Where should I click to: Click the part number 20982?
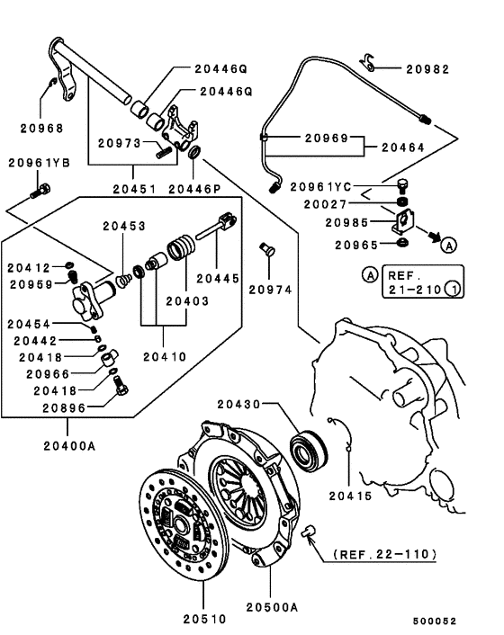pyautogui.click(x=427, y=69)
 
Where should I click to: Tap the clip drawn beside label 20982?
pyautogui.click(x=368, y=62)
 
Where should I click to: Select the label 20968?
pyautogui.click(x=42, y=129)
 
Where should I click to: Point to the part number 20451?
pyautogui.click(x=134, y=189)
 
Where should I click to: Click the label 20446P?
pyautogui.click(x=194, y=189)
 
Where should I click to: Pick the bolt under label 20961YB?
pyautogui.click(x=40, y=191)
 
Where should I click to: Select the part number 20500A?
pyautogui.click(x=273, y=607)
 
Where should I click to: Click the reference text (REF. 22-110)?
pyautogui.click(x=385, y=554)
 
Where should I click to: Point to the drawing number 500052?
pyautogui.click(x=435, y=621)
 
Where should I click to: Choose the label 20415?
pyautogui.click(x=350, y=496)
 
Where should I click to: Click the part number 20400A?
pyautogui.click(x=69, y=446)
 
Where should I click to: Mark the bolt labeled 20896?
pyautogui.click(x=121, y=386)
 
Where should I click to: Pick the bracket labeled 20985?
pyautogui.click(x=402, y=221)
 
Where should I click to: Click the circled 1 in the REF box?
pyautogui.click(x=453, y=289)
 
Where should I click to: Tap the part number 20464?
pyautogui.click(x=403, y=148)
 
